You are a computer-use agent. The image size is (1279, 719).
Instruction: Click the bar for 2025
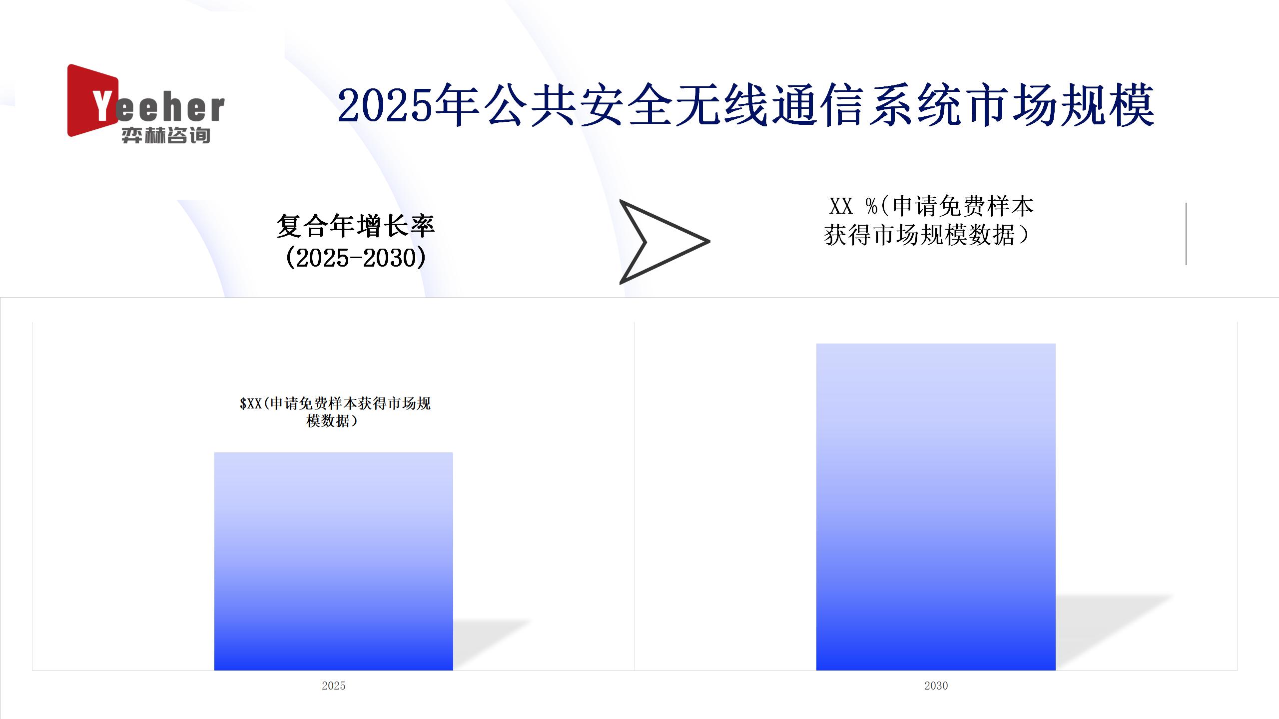click(334, 561)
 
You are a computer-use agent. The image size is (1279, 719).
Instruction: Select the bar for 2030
click(936, 507)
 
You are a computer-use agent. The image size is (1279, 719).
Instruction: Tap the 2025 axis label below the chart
click(334, 686)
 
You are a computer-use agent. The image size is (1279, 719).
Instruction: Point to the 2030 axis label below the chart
click(936, 686)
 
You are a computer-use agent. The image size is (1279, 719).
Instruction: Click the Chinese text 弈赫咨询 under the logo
click(166, 135)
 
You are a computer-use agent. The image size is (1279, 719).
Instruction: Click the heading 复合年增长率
click(356, 226)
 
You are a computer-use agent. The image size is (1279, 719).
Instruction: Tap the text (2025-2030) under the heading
click(356, 258)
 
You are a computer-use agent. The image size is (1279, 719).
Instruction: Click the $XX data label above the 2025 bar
click(335, 412)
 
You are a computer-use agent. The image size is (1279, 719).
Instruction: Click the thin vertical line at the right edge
click(1186, 234)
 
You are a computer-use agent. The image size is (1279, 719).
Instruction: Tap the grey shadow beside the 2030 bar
click(1114, 632)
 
